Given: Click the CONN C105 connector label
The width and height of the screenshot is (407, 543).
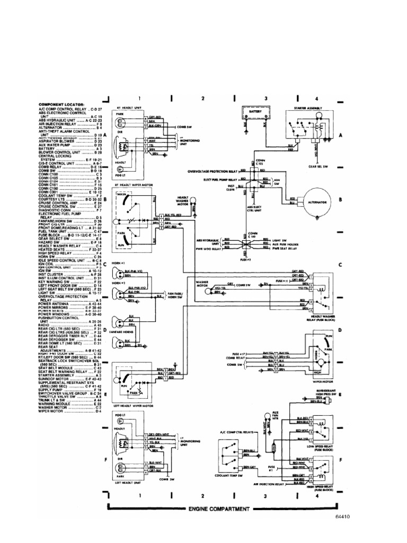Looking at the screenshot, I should tap(260, 163).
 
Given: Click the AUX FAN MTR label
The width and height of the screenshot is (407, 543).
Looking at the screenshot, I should tap(275, 415).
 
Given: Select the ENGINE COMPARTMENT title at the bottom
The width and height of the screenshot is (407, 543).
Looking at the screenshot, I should tap(218, 509).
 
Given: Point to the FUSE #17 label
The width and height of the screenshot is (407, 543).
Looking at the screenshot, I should tap(240, 353).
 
